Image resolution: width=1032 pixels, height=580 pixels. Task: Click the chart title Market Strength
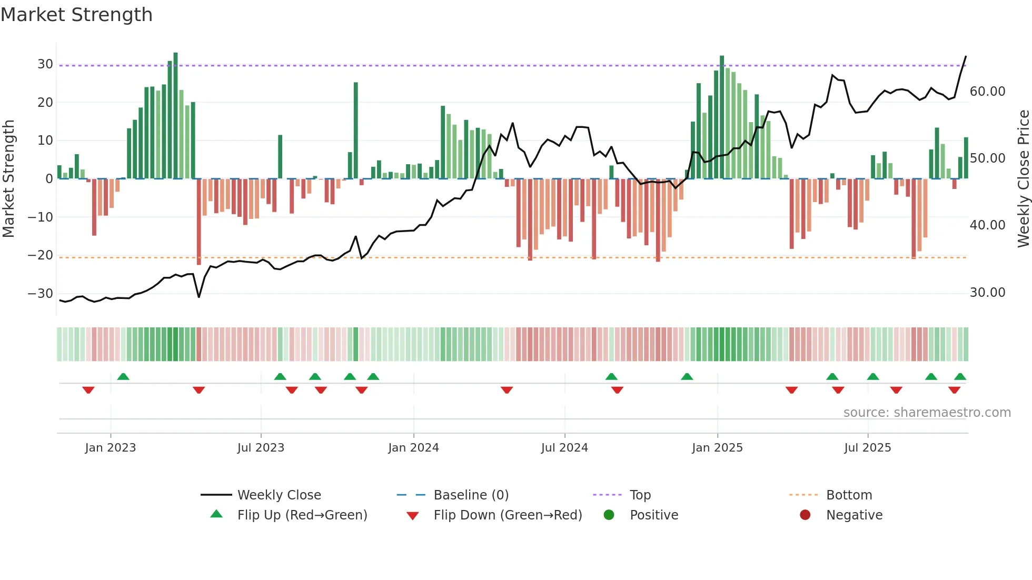[x=77, y=15]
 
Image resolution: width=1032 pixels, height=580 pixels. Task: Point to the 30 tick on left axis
[x=45, y=64]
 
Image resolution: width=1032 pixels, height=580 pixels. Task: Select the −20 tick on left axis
[x=40, y=255]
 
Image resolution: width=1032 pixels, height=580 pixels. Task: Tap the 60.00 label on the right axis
[x=987, y=92]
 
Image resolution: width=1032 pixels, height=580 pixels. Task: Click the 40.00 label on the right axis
[x=987, y=225]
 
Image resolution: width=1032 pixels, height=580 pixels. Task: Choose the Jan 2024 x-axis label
[x=413, y=448]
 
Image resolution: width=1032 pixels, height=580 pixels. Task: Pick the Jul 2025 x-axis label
[x=867, y=448]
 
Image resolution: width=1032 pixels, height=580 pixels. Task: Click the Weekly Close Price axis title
[x=1023, y=179]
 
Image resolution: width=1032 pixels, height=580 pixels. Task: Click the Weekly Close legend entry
[x=279, y=495]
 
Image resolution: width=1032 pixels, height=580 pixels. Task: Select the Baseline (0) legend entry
[x=471, y=495]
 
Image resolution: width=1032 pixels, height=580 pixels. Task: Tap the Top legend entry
[x=640, y=495]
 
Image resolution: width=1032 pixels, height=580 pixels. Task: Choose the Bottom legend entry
[x=849, y=495]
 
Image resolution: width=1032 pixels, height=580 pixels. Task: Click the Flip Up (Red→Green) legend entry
[x=302, y=515]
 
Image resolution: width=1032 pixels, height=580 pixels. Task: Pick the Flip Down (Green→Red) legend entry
[x=508, y=515]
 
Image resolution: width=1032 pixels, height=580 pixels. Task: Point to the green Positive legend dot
[x=609, y=515]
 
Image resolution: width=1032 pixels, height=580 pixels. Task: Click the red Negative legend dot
[x=805, y=515]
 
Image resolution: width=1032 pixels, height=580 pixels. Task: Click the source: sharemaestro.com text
[x=927, y=413]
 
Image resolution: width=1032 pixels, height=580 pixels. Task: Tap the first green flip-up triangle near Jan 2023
[x=123, y=376]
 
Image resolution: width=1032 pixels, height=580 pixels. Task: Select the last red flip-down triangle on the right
[x=954, y=390]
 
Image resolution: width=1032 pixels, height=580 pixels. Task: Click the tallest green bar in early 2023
[x=175, y=116]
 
